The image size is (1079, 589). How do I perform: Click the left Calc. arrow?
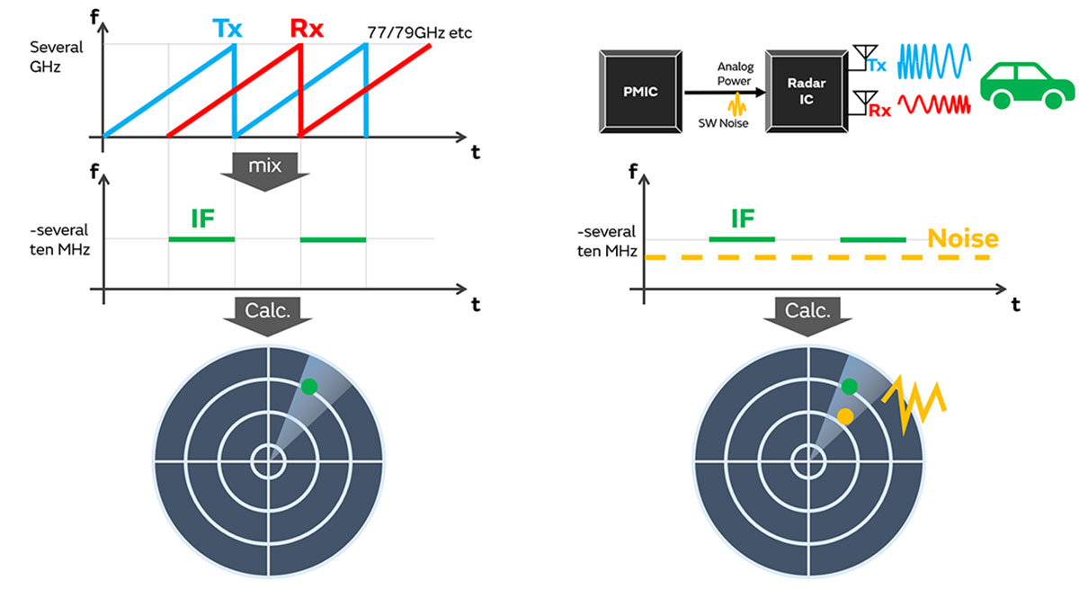268,316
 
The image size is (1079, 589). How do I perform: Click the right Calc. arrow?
808,316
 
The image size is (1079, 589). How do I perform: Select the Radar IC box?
806,91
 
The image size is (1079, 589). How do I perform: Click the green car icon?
1026,85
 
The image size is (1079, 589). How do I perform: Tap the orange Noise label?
963,238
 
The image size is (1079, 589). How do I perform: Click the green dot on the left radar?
308,387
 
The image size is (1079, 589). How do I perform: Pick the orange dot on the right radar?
845,415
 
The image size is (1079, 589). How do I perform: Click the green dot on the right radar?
849,387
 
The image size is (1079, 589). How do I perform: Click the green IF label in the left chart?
202,219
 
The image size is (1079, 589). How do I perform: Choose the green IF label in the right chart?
743,219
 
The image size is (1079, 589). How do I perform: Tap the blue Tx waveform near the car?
936,61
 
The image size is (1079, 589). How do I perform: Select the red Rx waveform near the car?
936,106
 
